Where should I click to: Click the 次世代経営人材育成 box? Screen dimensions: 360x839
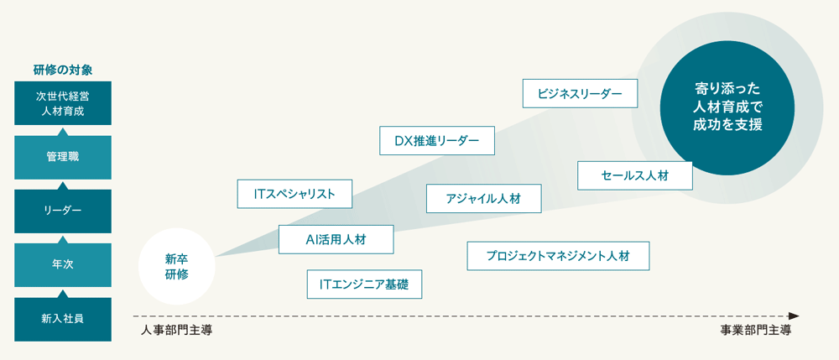[62, 103]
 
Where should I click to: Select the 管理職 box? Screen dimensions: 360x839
[62, 157]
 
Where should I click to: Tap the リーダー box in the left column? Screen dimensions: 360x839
[62, 211]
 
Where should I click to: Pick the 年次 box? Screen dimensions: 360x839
[62, 264]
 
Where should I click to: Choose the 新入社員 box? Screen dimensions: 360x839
[62, 319]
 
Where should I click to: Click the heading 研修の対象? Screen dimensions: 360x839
[62, 70]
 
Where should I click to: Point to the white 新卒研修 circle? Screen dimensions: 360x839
[176, 266]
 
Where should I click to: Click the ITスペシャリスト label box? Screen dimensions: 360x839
[294, 194]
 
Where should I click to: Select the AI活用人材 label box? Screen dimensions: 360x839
[336, 239]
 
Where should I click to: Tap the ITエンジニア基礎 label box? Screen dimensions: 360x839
[364, 284]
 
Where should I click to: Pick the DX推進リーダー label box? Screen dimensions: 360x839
[436, 141]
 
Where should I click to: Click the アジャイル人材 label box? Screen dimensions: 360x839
[483, 199]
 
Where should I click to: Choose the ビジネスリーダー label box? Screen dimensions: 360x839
[580, 93]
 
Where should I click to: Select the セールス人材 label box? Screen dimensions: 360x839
[634, 175]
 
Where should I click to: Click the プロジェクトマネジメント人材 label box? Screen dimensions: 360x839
[558, 256]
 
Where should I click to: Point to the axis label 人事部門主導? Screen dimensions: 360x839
[176, 331]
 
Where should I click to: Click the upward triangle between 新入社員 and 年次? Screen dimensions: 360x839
[62, 293]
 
